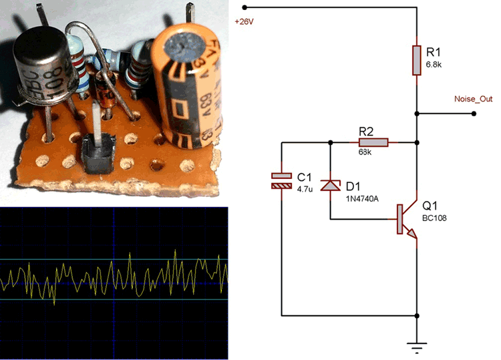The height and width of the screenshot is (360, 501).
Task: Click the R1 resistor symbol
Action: pos(417,60)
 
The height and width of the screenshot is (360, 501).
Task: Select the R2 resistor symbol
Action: pos(373,142)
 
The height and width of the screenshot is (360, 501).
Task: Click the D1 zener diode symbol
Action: pos(331,185)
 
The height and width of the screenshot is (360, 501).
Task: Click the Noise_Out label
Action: pos(473,99)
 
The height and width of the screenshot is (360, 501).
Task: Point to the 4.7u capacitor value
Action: pos(304,189)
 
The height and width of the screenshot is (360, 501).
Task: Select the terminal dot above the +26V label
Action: pos(244,7)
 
